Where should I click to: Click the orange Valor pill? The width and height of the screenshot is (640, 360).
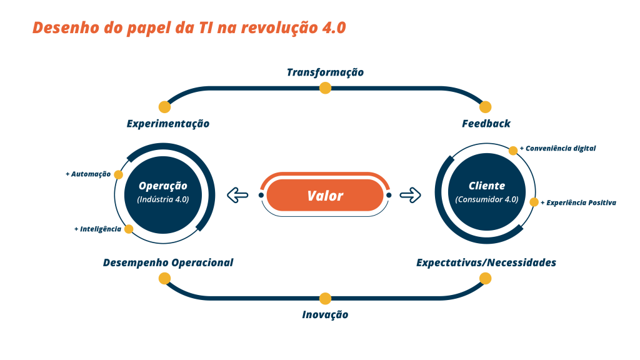coord(325,196)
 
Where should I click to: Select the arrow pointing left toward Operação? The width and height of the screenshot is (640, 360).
coord(237,196)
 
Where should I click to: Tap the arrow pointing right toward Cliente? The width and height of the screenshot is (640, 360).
coord(411,196)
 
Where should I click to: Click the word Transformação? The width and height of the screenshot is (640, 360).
coord(325,72)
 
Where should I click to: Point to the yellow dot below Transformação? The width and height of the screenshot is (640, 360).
coord(325,88)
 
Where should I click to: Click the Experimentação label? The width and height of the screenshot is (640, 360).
coord(167,124)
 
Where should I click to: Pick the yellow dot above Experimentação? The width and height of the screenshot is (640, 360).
coord(164,107)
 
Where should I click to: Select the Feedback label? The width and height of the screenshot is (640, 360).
coord(486,124)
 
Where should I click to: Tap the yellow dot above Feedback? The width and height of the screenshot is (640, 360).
coord(485,107)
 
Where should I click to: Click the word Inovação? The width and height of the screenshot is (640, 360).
coord(325,315)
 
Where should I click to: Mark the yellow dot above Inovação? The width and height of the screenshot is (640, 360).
coord(325,299)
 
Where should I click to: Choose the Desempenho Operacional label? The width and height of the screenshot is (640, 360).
coord(167,262)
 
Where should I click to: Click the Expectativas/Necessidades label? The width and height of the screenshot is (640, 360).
coord(486,262)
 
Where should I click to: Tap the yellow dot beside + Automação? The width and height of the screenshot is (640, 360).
coord(119,174)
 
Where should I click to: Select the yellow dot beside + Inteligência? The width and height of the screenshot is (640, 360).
coord(129,229)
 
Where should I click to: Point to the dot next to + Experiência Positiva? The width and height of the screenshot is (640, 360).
coord(534,202)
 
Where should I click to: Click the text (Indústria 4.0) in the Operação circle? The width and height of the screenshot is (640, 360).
coord(163,200)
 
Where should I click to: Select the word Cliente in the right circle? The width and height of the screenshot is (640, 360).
coord(487,186)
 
